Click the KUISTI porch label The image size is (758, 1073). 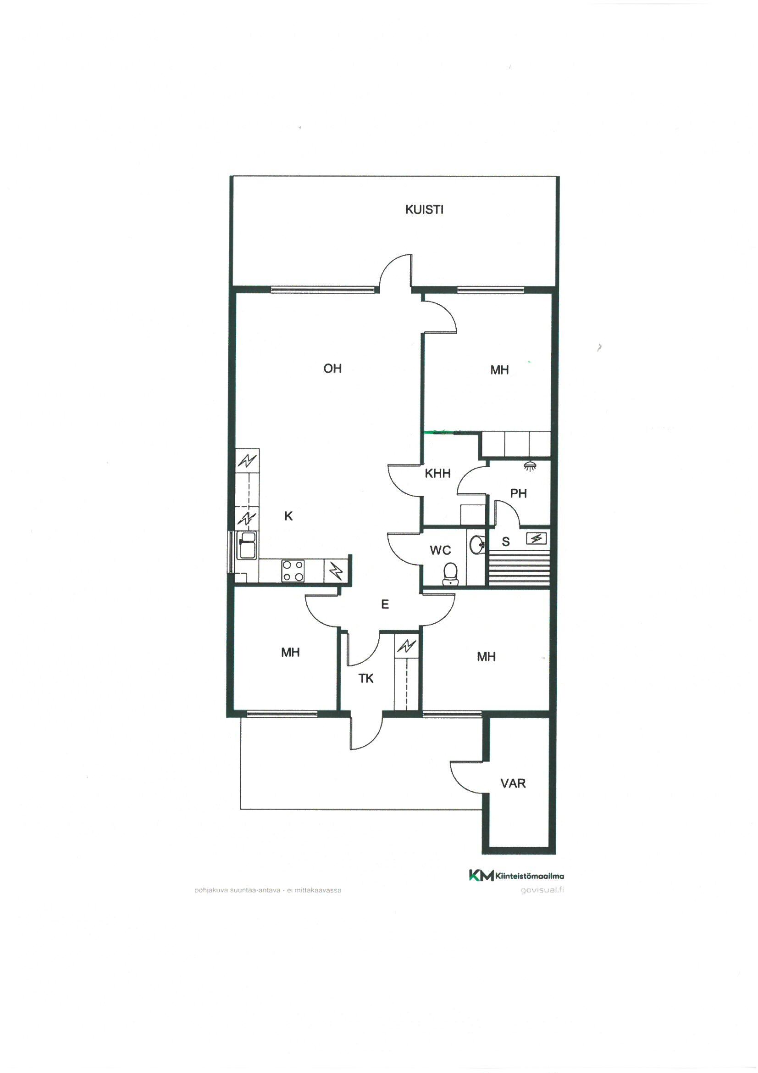pyautogui.click(x=424, y=209)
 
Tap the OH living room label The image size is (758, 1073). pyautogui.click(x=332, y=369)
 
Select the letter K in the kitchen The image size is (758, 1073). pyautogui.click(x=288, y=516)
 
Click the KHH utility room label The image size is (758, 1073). pyautogui.click(x=437, y=474)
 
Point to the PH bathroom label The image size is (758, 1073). pyautogui.click(x=519, y=493)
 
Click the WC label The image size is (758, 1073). pyautogui.click(x=440, y=550)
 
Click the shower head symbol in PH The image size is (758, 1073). pyautogui.click(x=530, y=465)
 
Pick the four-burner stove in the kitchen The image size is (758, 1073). pyautogui.click(x=293, y=570)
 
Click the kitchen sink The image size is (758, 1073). pyautogui.click(x=246, y=545)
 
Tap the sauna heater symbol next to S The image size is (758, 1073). pyautogui.click(x=537, y=539)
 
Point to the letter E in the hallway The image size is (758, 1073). pyautogui.click(x=385, y=604)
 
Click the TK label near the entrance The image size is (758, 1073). pyautogui.click(x=366, y=679)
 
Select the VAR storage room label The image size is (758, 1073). pyautogui.click(x=513, y=783)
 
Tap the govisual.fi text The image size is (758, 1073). pyautogui.click(x=542, y=890)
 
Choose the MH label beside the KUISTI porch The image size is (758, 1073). pyautogui.click(x=499, y=370)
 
